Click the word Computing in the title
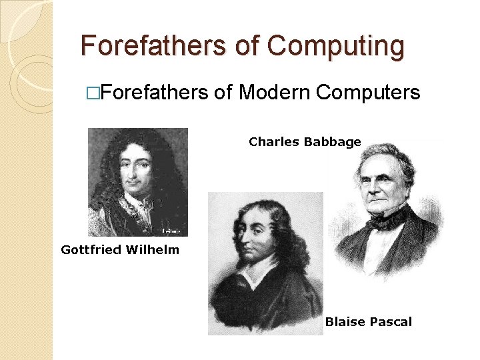[x=336, y=47]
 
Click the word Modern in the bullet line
[x=274, y=92]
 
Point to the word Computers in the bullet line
[x=368, y=92]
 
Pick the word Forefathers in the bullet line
[x=155, y=92]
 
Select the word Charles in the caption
[x=274, y=141]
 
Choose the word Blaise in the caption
[x=344, y=322]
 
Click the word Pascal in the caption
[x=390, y=322]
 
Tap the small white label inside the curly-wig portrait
[x=172, y=231]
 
